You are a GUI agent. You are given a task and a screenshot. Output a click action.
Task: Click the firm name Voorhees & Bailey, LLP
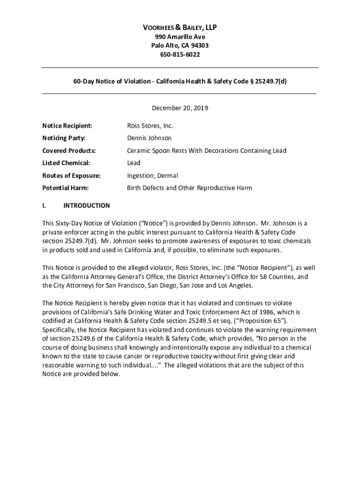[x=180, y=28]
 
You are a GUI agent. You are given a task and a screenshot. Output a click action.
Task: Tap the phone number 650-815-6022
[x=180, y=54]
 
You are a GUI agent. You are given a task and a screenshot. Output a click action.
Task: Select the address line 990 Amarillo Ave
[x=180, y=37]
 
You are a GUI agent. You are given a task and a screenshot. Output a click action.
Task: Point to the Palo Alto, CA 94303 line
[x=180, y=45]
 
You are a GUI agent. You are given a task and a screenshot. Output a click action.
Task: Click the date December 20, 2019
[x=180, y=108]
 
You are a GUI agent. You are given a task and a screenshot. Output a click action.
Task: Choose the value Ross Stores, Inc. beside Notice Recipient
[x=150, y=126]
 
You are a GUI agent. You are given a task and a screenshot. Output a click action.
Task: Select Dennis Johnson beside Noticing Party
[x=149, y=138]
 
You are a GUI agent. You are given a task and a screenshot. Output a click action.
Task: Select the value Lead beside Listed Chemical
[x=134, y=163]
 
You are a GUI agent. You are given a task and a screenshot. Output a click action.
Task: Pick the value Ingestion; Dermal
[x=152, y=175]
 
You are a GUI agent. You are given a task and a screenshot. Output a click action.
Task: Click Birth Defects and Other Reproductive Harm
[x=189, y=188]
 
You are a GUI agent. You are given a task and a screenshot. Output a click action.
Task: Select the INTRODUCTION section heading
[x=86, y=205]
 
